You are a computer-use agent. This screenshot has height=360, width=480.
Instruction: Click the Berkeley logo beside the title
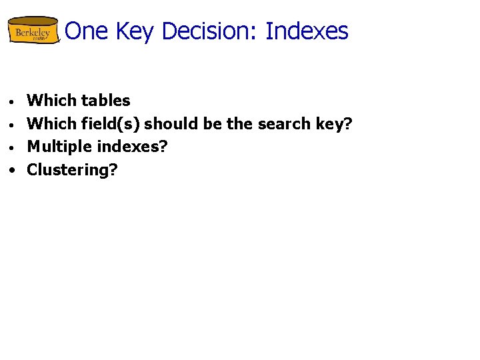coord(33,31)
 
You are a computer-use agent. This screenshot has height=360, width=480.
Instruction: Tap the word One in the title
coord(82,31)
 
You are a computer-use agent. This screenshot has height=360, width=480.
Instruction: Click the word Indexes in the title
coord(307,31)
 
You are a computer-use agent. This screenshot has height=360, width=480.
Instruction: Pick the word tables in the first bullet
coord(106,101)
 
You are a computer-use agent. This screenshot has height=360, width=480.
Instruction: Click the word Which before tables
coord(51,101)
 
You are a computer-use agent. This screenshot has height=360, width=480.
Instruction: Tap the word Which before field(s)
coord(51,123)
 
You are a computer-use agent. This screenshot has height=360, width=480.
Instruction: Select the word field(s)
coord(110,124)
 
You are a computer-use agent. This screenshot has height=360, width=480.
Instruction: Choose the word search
coord(280,123)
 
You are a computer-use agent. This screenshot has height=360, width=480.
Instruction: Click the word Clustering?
coord(72,170)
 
